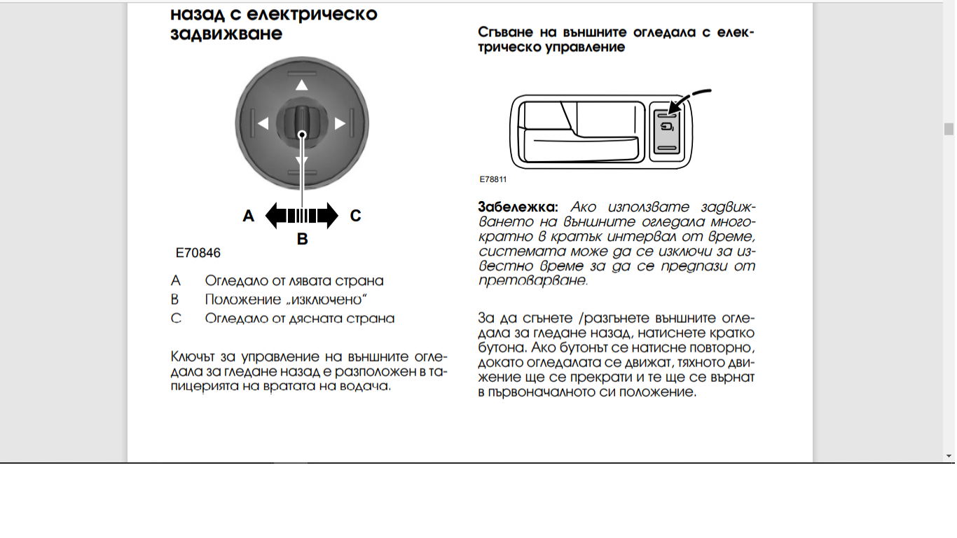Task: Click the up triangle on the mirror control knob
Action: tap(301, 85)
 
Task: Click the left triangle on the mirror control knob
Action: tap(263, 124)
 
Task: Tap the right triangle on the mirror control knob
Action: tap(340, 124)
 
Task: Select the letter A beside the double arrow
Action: tap(248, 216)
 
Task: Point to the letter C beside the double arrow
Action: tap(355, 216)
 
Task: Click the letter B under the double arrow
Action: tap(302, 240)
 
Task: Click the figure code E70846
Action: tap(198, 253)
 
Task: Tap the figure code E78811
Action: tap(493, 179)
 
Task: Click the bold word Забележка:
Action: tap(518, 207)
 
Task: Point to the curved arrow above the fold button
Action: tap(690, 97)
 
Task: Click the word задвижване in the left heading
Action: tap(226, 34)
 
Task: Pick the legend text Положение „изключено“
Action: tap(287, 300)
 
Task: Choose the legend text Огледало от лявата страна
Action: tap(294, 281)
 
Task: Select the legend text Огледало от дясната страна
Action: tap(300, 319)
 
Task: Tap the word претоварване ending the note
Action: tap(532, 281)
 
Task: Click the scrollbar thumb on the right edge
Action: tap(949, 129)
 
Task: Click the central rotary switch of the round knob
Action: tap(302, 123)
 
